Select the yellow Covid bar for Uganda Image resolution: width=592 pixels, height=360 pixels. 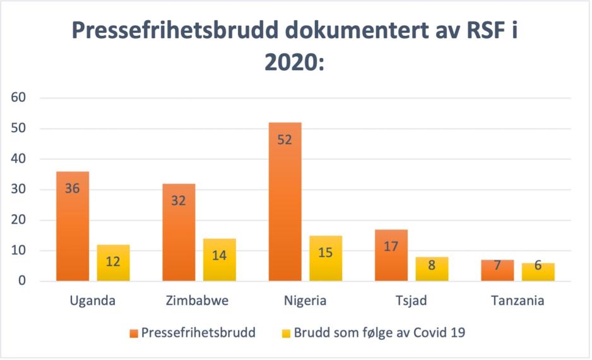point(113,263)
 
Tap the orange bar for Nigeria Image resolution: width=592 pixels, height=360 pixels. point(285,201)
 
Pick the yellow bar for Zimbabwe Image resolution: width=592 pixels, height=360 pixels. point(219,260)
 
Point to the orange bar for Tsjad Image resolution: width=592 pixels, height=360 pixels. point(391,255)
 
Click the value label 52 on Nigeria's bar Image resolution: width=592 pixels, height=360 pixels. point(285,140)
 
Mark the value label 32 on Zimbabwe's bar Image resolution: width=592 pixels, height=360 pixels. point(179,201)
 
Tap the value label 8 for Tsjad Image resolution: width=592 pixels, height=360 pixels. point(432,265)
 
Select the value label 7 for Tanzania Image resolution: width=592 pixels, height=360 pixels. point(497,266)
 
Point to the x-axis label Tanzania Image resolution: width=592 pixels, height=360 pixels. point(518,301)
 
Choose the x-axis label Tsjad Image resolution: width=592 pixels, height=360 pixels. point(411,301)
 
